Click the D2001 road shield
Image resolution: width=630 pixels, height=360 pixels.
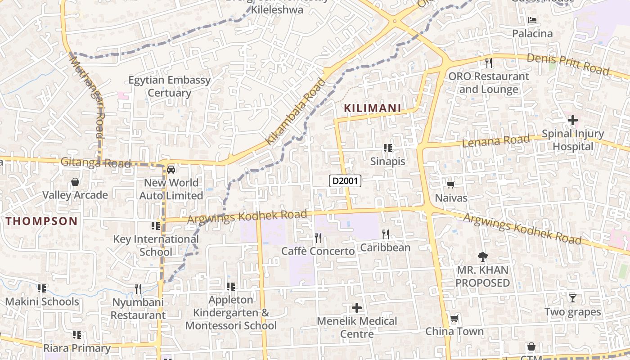(x=345, y=181)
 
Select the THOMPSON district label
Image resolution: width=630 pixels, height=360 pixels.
(x=42, y=221)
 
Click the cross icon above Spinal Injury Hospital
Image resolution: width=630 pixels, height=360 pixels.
(x=572, y=120)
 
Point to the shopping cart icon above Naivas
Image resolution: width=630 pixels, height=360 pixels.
(x=450, y=184)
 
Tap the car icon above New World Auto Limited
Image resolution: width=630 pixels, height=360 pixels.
(x=171, y=170)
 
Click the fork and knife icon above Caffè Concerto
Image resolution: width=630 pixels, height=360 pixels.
(x=318, y=238)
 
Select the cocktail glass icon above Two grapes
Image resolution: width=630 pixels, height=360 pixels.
(x=572, y=298)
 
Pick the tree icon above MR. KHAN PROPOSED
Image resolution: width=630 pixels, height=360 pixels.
(x=482, y=257)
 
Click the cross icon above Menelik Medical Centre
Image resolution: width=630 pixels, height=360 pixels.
(x=357, y=308)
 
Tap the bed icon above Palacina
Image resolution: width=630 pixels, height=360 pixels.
(x=532, y=20)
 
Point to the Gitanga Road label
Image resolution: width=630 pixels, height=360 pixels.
(x=95, y=162)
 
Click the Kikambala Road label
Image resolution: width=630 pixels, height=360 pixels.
(x=295, y=112)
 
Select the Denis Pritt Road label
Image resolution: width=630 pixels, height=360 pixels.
(x=568, y=64)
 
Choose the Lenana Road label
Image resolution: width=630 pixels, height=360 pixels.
(x=496, y=141)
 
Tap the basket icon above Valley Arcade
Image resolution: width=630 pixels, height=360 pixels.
(x=75, y=182)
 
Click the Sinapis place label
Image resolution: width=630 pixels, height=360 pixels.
(x=387, y=161)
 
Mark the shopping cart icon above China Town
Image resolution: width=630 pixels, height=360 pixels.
(x=454, y=319)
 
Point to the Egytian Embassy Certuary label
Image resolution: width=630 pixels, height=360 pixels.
(x=170, y=86)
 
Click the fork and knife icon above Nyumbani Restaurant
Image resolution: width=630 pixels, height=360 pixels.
(x=138, y=288)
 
